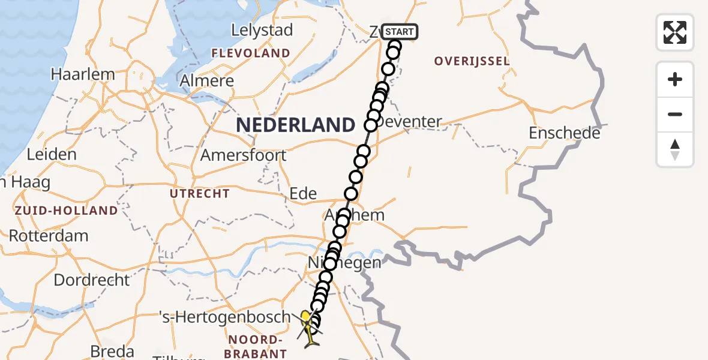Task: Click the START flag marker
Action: tap(398, 32)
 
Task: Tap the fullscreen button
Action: tap(675, 32)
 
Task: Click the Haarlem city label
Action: tap(83, 75)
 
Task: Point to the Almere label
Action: tap(207, 81)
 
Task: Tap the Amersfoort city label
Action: tap(244, 155)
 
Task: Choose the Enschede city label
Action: tap(564, 133)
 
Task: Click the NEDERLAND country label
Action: tap(296, 125)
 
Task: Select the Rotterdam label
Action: tap(49, 235)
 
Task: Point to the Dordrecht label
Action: tap(91, 280)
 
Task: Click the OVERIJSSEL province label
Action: tap(472, 61)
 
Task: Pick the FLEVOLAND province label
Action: tap(251, 53)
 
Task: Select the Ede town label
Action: tap(303, 193)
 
